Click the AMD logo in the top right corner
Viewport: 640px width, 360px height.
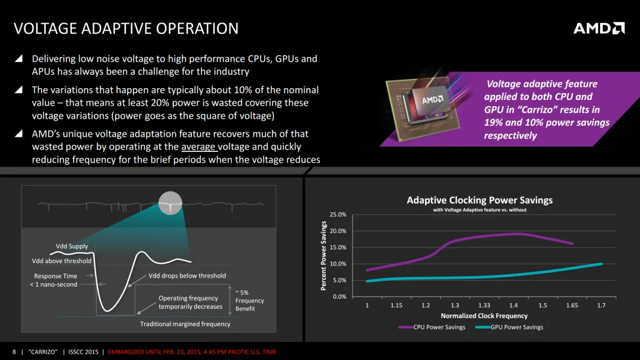coord(599,28)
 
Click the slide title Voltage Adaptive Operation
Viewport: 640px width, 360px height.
coord(126,29)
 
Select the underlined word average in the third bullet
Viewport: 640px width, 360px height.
coord(198,147)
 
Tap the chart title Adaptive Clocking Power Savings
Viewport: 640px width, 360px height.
coord(479,200)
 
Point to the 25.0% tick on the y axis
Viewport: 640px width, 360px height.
coord(337,215)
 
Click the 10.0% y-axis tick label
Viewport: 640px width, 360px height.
coord(337,264)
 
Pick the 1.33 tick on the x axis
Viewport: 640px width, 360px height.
coord(484,306)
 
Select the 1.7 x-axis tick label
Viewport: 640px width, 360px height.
coord(601,306)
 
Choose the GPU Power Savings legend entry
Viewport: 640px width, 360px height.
coord(509,327)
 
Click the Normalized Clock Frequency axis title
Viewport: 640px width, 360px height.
coord(484,316)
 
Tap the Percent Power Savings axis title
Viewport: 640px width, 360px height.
coord(324,256)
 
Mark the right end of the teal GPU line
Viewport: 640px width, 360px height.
coord(601,264)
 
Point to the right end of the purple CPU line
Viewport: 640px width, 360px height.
coord(571,244)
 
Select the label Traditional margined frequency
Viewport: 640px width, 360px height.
coord(185,324)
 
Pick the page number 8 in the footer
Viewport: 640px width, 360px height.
coord(14,352)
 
